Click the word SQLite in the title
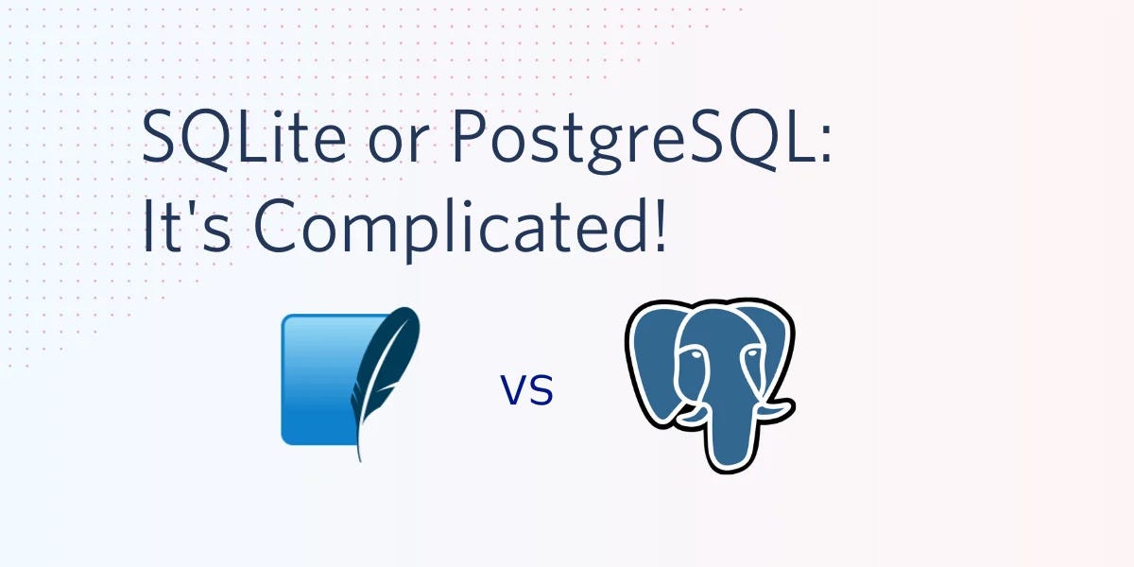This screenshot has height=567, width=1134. pos(244,138)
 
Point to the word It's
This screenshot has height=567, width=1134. pos(186,225)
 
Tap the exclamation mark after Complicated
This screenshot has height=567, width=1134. pos(660,225)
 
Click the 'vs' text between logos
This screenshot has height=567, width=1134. pos(526,389)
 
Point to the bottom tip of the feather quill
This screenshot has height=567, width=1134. pos(360,461)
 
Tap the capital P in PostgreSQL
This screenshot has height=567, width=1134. pos(469,137)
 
